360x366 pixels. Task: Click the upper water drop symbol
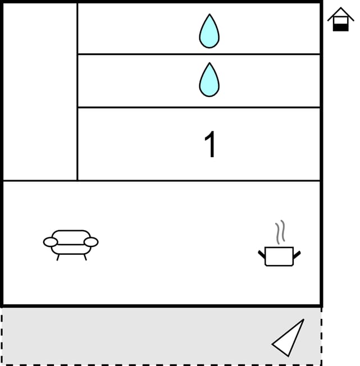tap(209, 31)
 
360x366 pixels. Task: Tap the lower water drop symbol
tap(209, 80)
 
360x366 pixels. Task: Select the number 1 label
tap(210, 145)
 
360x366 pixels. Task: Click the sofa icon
tap(71, 243)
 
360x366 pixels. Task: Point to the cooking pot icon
tap(279, 256)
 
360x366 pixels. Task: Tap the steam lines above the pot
tap(280, 232)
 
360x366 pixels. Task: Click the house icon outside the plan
tap(340, 20)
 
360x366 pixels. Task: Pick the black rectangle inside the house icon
tap(340, 26)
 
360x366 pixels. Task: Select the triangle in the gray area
tap(290, 338)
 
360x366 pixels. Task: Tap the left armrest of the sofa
tap(51, 242)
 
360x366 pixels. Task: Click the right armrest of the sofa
tap(91, 242)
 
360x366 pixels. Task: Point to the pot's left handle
tap(262, 255)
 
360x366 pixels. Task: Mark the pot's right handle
tap(297, 255)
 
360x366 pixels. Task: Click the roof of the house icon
tap(340, 12)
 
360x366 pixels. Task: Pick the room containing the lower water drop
tap(140, 81)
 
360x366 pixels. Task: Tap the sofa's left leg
tap(58, 258)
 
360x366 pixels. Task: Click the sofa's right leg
tap(85, 258)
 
